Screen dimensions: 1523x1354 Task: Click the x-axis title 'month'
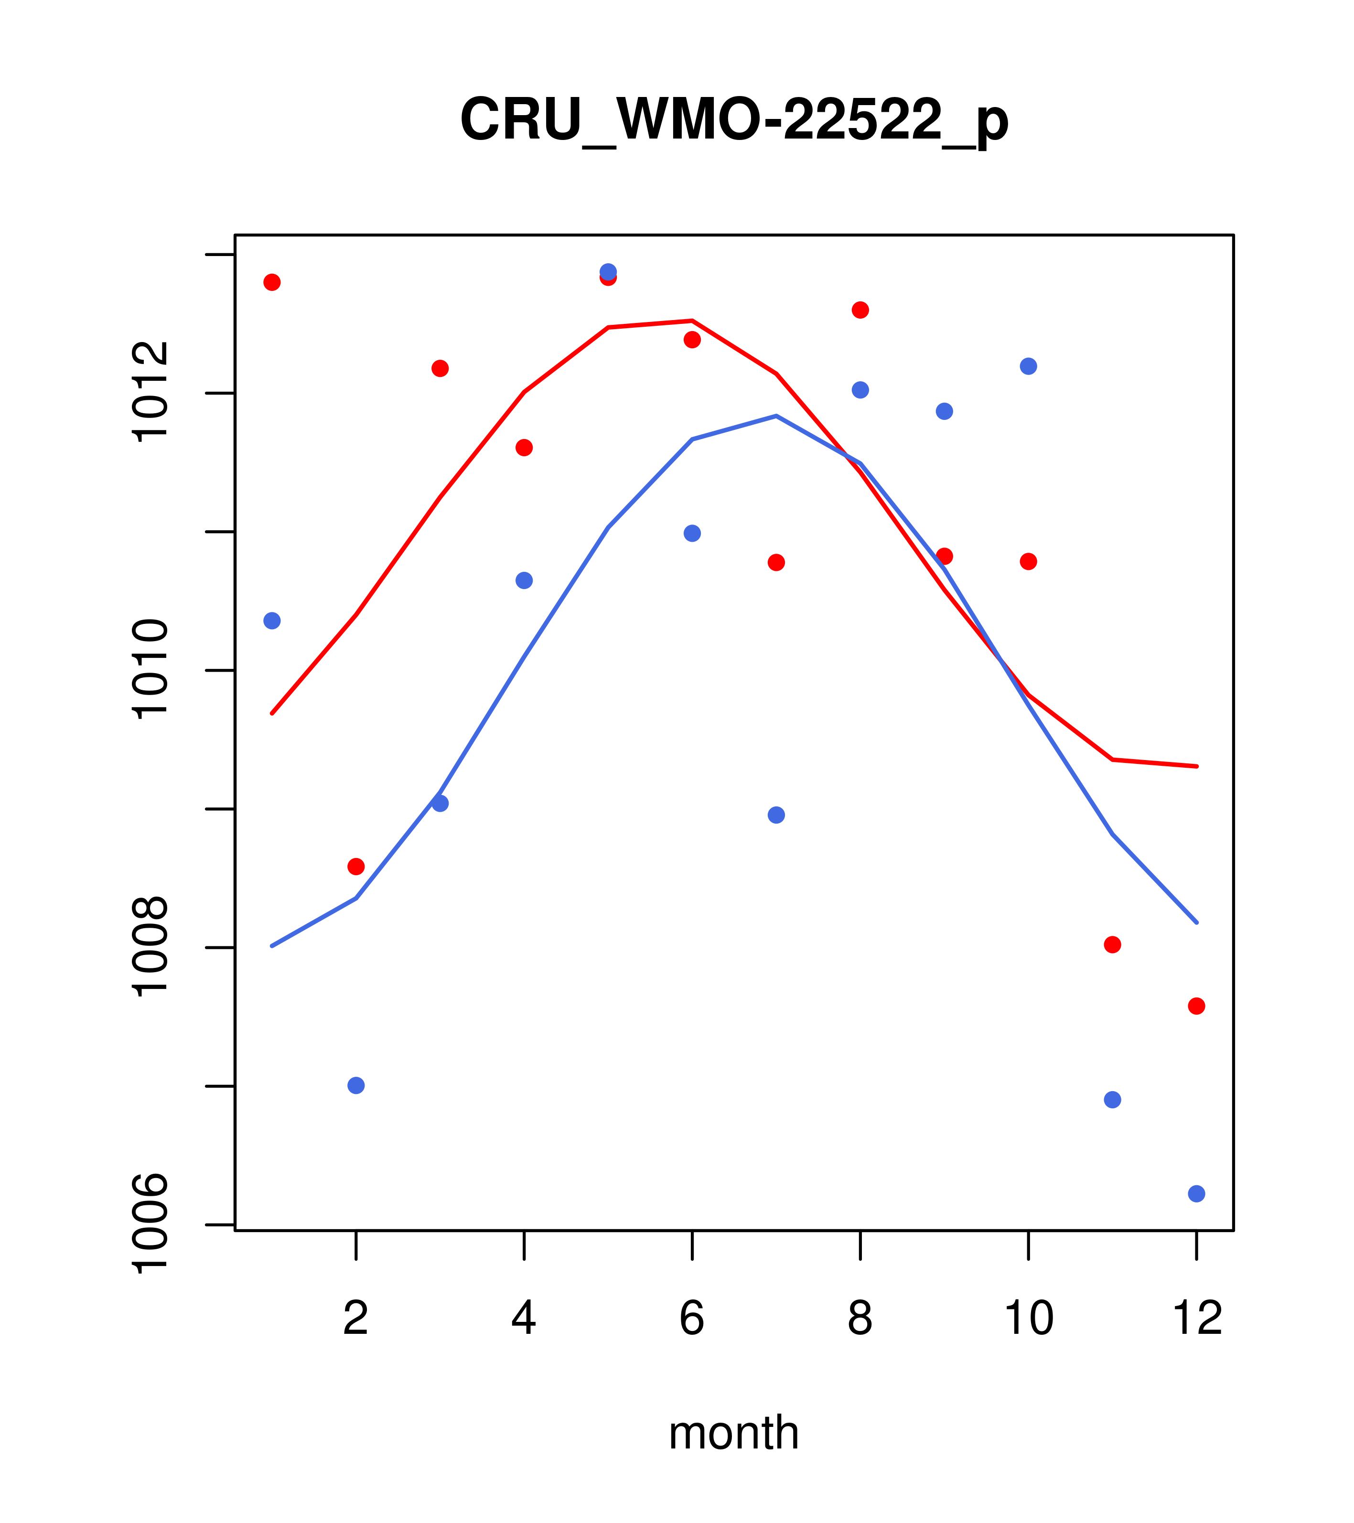coord(734,1432)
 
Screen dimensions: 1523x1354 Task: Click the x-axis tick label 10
coord(1028,1318)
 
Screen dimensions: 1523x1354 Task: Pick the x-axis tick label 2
coord(356,1318)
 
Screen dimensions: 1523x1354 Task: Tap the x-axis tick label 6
coord(692,1318)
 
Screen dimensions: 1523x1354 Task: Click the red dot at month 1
coord(272,282)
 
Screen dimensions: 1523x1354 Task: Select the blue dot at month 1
coord(272,621)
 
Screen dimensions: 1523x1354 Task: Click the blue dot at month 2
coord(356,1085)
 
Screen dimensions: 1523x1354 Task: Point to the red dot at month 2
coord(356,867)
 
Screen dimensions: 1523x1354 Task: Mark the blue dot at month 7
coord(776,815)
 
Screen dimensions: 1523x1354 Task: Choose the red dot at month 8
coord(860,310)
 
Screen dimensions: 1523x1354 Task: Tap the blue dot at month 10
coord(1028,366)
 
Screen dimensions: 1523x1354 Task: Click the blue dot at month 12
coord(1197,1194)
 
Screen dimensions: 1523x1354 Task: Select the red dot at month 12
coord(1197,1006)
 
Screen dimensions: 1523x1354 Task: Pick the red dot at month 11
coord(1113,945)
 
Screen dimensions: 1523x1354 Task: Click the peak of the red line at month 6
coord(692,321)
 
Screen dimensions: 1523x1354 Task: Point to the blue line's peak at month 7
coord(776,416)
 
